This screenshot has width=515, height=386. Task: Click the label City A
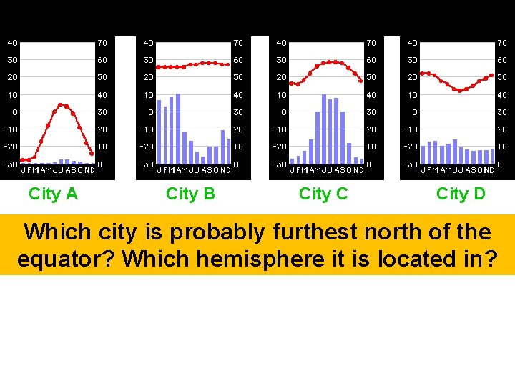53,194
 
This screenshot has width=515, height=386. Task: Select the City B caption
190,194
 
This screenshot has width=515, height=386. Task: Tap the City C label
323,194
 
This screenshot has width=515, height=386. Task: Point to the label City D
461,194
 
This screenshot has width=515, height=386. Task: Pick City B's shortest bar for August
203,160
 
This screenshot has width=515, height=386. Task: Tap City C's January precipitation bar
292,161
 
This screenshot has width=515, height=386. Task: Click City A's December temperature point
92,154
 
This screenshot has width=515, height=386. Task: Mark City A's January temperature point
22,159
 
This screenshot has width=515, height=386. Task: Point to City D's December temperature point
491,75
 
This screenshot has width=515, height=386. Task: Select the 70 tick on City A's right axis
102,42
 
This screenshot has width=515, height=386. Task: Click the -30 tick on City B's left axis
147,164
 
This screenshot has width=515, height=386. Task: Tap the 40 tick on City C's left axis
281,42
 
